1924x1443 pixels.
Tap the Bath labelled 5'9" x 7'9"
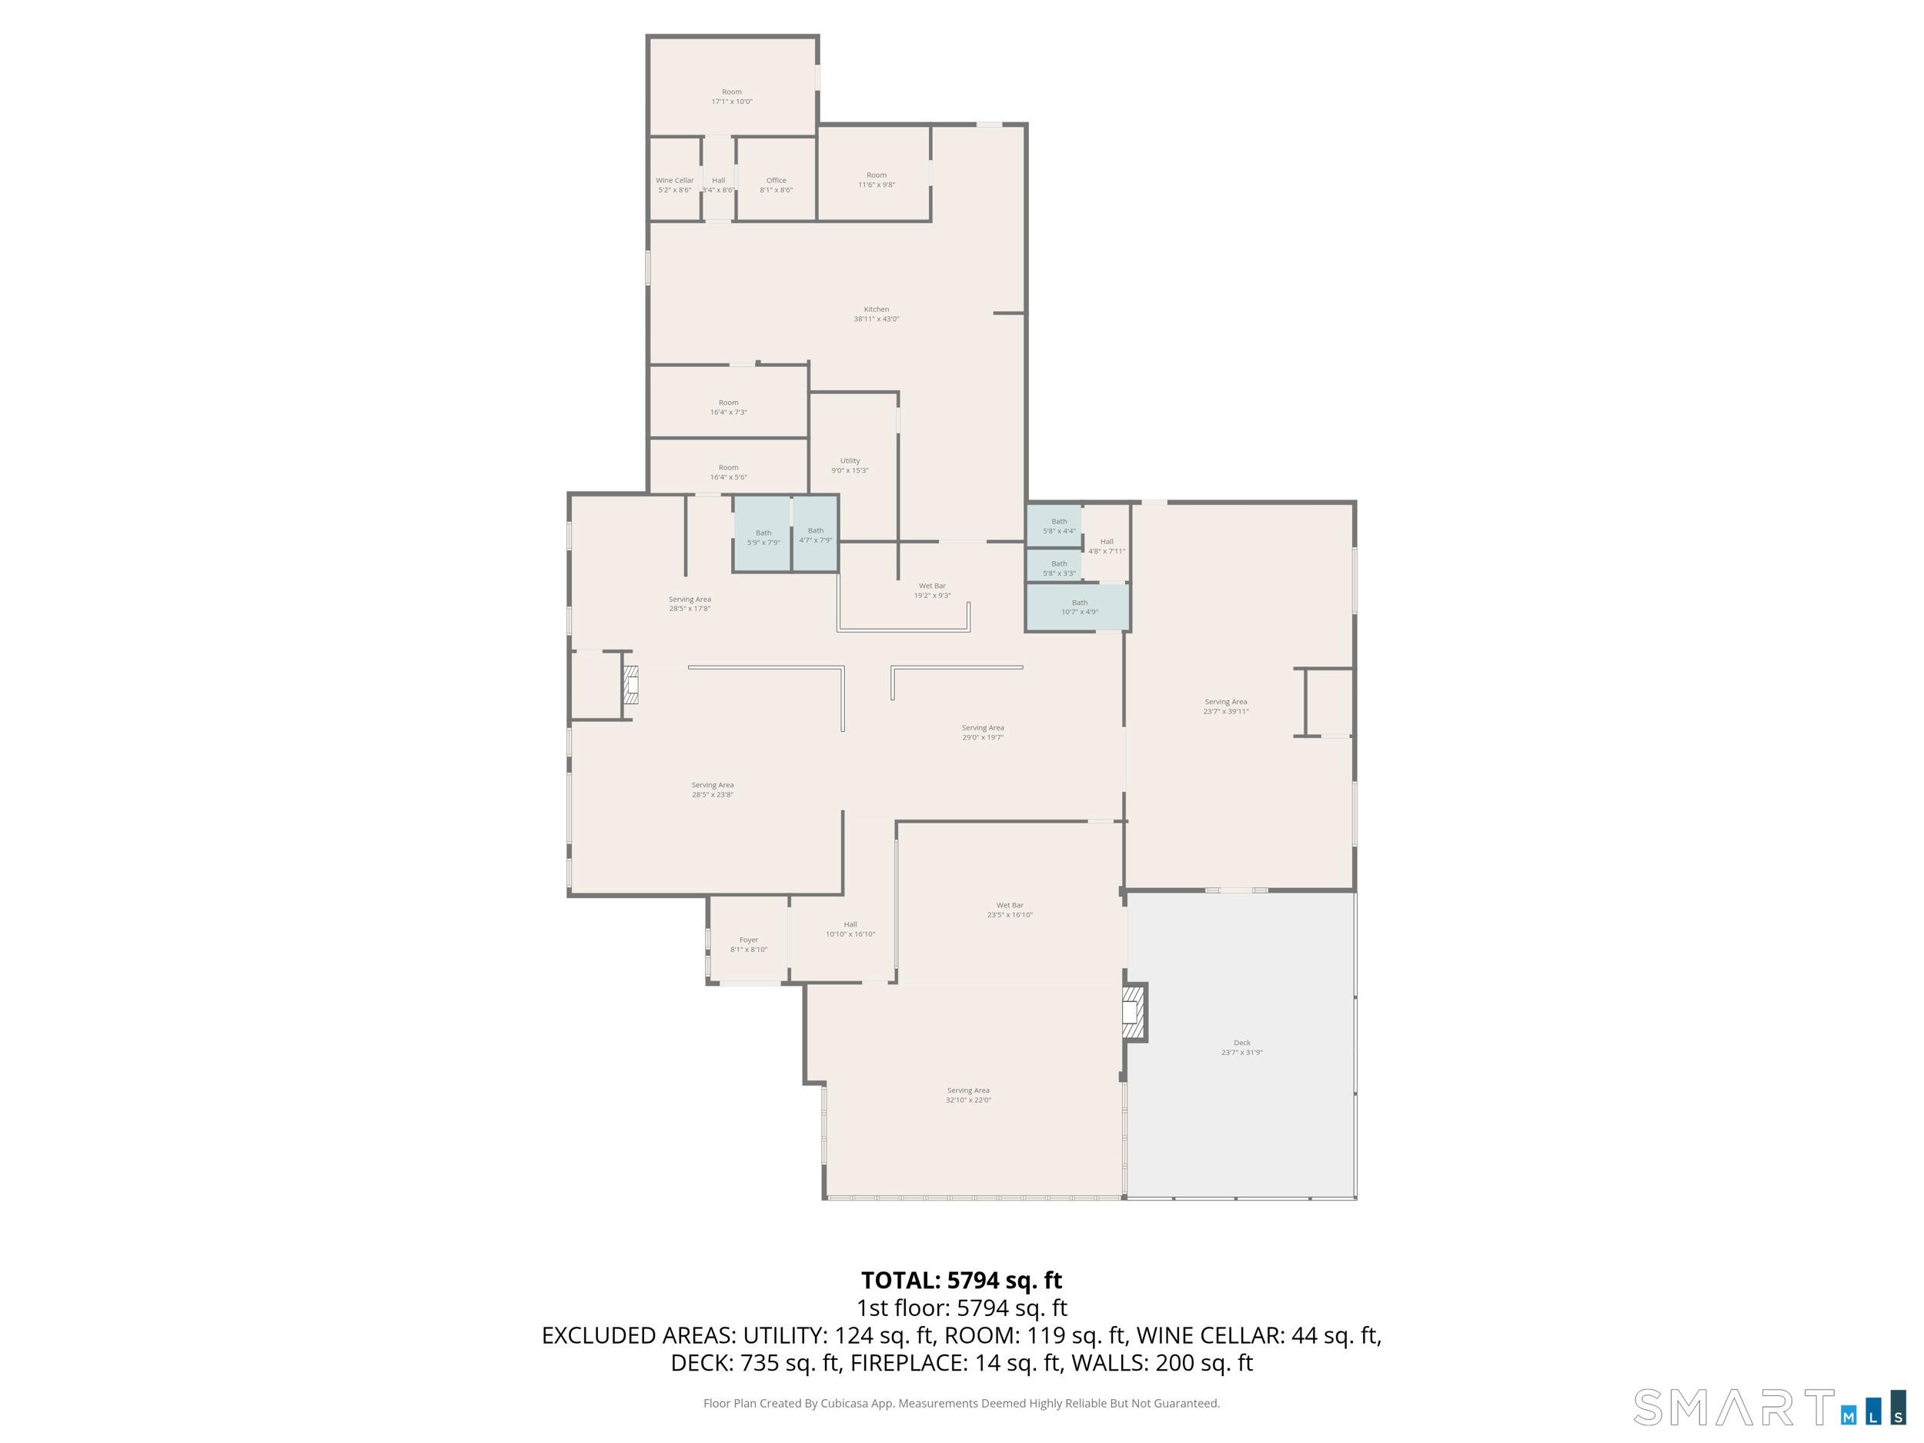coord(763,537)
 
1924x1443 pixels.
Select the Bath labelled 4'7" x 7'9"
coord(815,535)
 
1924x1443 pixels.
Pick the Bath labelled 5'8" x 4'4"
coord(1058,526)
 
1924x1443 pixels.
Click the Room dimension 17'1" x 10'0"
coord(731,102)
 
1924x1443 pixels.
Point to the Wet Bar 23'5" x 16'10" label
coord(1009,910)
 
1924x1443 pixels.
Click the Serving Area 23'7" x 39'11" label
coord(1224,706)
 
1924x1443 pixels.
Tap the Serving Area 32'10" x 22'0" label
coord(968,1095)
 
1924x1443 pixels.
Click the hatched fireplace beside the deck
coord(1134,1013)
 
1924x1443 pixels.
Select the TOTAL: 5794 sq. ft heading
coord(961,1281)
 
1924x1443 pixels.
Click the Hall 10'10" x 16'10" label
coord(850,929)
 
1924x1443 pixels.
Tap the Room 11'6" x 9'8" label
coord(876,180)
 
